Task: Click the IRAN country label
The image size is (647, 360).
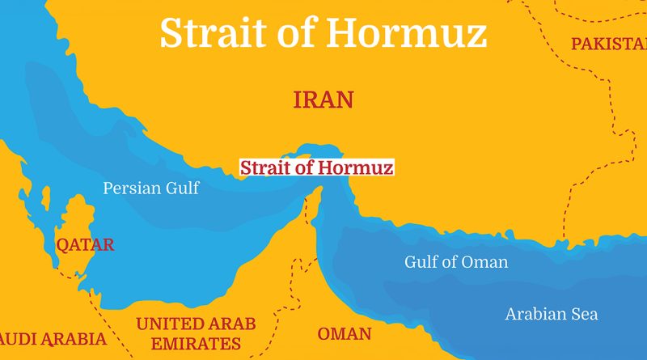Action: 323,100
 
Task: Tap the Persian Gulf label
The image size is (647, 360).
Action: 150,188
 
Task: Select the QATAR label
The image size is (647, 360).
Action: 84,244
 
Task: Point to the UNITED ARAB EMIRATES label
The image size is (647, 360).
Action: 196,333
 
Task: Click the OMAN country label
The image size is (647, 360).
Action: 345,334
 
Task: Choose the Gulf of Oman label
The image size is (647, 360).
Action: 456,262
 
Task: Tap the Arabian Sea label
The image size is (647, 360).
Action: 552,314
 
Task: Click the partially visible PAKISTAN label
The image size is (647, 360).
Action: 608,44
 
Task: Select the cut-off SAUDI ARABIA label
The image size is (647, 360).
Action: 52,339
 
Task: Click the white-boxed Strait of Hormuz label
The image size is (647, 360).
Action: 316,168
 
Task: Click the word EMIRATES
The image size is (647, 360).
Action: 197,343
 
